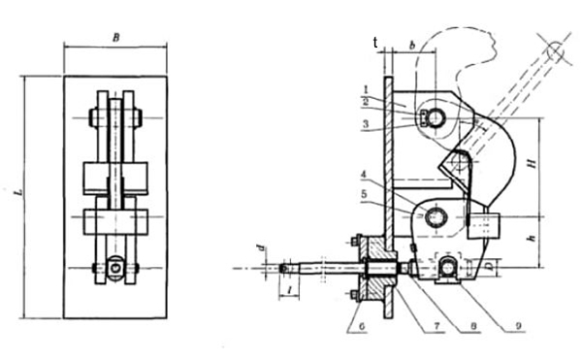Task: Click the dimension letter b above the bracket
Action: coord(412,46)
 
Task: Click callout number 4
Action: coord(364,175)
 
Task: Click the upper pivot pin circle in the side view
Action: coord(433,117)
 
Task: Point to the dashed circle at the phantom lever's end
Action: coord(558,49)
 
